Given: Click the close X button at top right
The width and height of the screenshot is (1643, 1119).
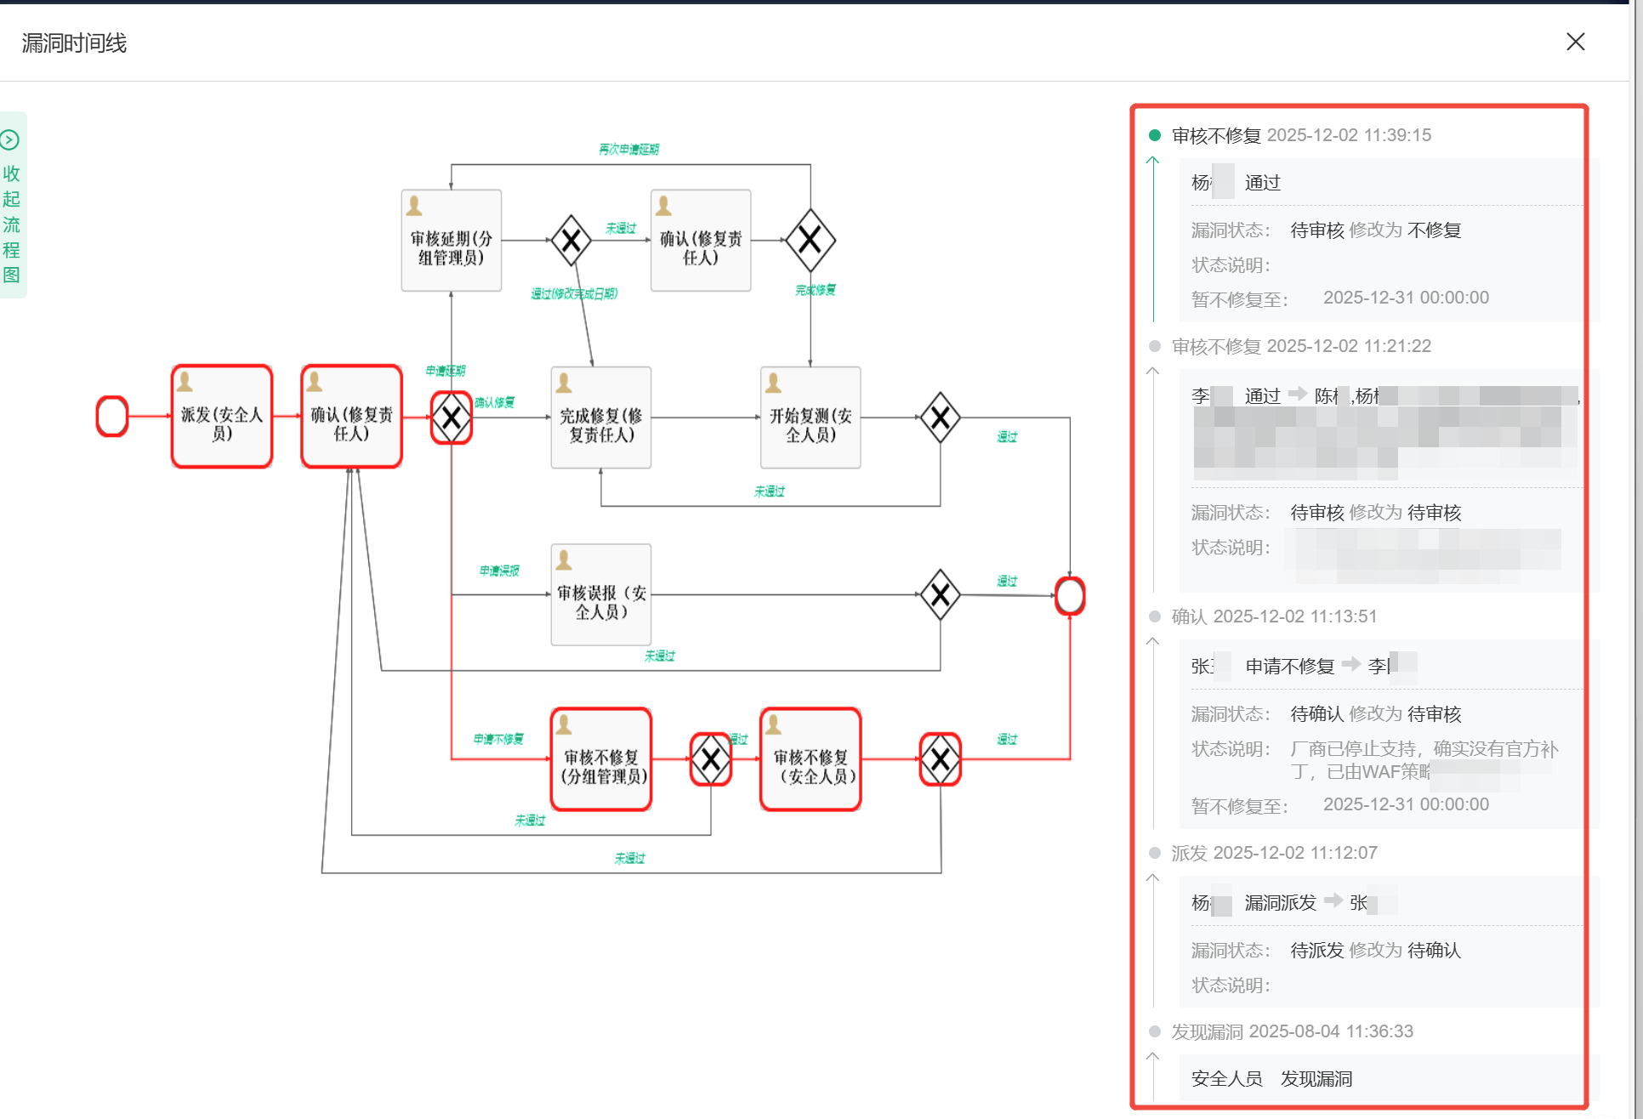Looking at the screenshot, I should click(1575, 42).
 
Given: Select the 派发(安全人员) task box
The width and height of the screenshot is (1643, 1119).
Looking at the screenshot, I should click(222, 417).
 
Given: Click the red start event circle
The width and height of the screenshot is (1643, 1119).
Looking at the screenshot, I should click(112, 417).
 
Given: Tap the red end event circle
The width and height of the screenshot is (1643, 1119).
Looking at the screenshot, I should click(1070, 595).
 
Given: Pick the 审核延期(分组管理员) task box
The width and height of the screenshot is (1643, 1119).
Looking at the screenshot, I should click(451, 241).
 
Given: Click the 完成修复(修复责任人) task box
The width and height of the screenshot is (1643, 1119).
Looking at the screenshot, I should click(600, 417).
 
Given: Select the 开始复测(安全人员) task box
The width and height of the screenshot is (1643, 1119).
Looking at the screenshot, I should click(810, 417).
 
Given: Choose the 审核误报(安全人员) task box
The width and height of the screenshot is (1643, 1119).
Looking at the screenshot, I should click(600, 594).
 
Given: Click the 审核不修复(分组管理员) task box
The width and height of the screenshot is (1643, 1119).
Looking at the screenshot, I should click(601, 759).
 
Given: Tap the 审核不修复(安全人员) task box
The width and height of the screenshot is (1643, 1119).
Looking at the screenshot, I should click(810, 759).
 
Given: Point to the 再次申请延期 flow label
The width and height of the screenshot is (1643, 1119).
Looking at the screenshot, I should click(628, 150).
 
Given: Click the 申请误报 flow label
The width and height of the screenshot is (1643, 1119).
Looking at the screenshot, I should click(499, 571).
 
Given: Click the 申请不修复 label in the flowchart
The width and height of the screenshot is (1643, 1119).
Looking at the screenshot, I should click(498, 739).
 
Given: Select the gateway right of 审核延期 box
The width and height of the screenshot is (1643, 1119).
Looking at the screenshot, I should click(571, 241).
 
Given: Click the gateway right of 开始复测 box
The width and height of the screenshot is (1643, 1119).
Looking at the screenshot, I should click(940, 417).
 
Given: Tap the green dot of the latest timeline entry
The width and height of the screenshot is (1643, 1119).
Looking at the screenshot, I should click(1155, 135).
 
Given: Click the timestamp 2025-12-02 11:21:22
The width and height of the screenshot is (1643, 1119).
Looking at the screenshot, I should click(1349, 346).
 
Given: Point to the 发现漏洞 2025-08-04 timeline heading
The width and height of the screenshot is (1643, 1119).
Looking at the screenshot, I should click(1292, 1031).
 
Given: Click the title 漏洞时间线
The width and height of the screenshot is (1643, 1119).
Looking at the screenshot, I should click(74, 43).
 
